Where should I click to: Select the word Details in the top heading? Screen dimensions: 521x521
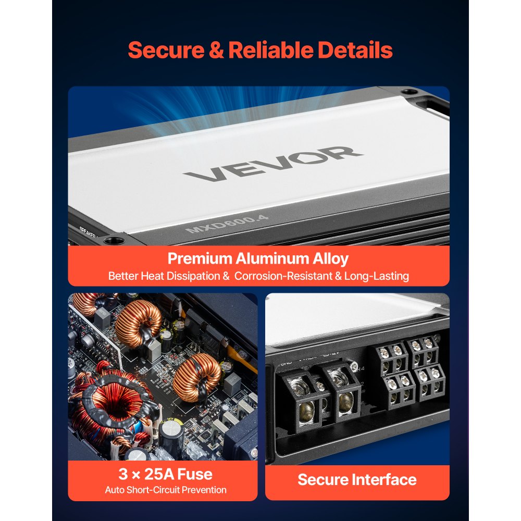click(x=355, y=50)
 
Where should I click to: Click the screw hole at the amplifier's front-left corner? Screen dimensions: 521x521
click(x=112, y=240)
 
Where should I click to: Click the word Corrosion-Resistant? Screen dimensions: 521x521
click(x=288, y=276)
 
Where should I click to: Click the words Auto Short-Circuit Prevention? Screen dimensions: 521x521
click(x=166, y=490)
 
